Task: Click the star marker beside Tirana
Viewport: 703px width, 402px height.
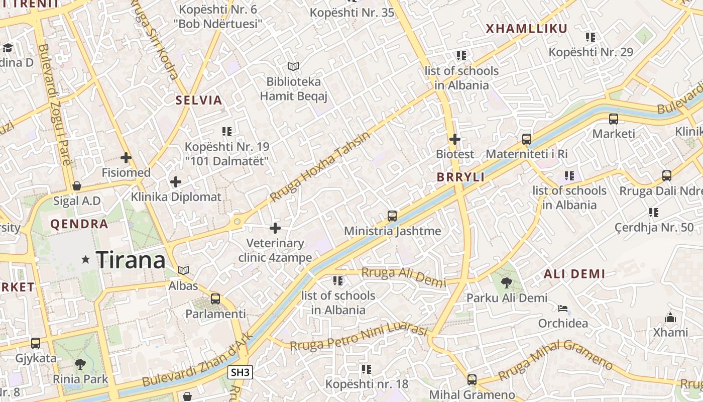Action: point(86,260)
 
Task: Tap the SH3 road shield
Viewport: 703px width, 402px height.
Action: point(241,372)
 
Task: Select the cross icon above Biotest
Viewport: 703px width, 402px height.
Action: point(455,139)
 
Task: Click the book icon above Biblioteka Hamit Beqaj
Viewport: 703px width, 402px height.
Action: point(293,66)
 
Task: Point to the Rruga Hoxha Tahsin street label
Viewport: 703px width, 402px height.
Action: point(319,167)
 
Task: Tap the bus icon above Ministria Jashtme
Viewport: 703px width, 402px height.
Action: point(392,216)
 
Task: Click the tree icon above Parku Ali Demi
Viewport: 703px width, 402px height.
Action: point(507,282)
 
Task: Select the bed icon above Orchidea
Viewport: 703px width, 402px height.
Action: point(563,308)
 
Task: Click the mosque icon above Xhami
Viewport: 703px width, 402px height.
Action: point(670,318)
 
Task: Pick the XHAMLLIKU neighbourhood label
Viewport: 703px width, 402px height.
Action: point(526,29)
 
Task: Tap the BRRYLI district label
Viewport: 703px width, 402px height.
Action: point(460,177)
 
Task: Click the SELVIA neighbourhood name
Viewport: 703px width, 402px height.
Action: point(199,100)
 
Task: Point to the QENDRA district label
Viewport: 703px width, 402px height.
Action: point(79,224)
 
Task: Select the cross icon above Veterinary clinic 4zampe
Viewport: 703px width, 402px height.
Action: point(275,228)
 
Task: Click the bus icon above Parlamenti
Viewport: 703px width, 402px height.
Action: point(215,298)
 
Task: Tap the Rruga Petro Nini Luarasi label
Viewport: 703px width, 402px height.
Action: point(359,339)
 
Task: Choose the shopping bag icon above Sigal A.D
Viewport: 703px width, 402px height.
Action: point(77,186)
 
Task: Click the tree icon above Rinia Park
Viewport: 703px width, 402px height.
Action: point(80,364)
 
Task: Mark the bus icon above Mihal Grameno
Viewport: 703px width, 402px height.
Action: point(472,379)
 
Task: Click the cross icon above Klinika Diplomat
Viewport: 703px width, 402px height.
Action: point(176,181)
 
